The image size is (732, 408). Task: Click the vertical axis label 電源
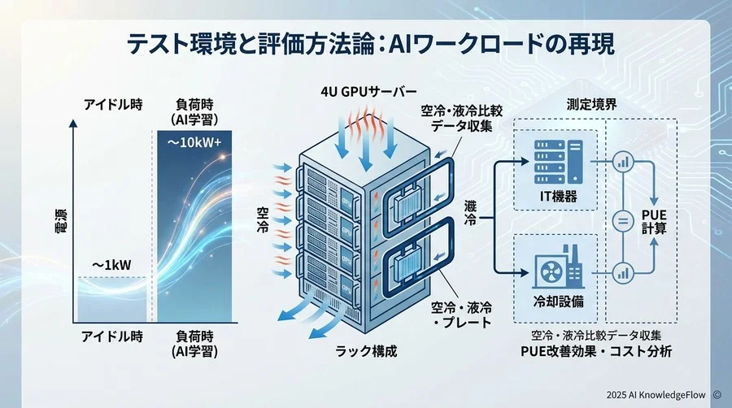60,224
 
